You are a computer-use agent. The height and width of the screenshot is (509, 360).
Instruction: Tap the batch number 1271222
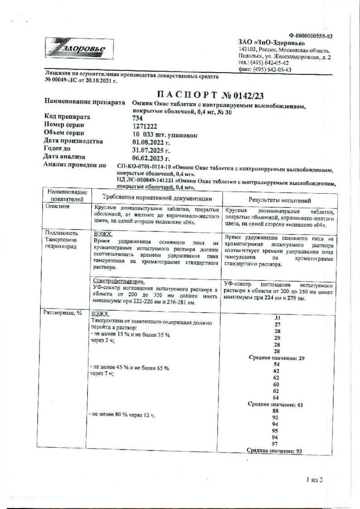(145, 127)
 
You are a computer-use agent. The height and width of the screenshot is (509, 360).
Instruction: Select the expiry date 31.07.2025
(151, 150)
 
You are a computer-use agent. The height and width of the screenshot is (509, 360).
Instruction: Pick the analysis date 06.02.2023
(151, 158)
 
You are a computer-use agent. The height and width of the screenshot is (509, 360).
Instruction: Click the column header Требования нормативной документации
(156, 198)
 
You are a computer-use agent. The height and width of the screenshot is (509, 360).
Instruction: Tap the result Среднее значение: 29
(277, 358)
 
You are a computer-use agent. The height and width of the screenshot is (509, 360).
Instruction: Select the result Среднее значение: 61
(277, 404)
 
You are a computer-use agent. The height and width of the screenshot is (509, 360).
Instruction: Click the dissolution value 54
(277, 365)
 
